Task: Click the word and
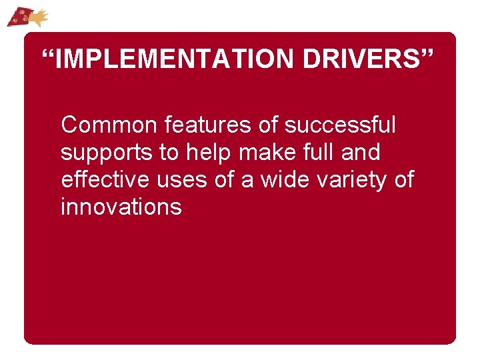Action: click(x=360, y=153)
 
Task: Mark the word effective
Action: click(x=104, y=180)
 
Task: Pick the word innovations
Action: click(x=121, y=207)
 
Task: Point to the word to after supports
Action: click(x=169, y=153)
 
